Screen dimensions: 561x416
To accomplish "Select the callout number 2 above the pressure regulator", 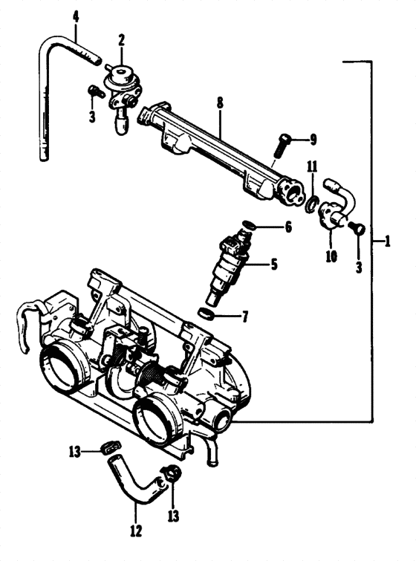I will [x=121, y=38].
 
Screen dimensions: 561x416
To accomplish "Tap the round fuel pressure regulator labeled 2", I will [x=119, y=74].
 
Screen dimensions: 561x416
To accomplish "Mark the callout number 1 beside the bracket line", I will [x=387, y=241].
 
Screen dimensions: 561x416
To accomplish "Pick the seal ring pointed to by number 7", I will [x=209, y=314].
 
